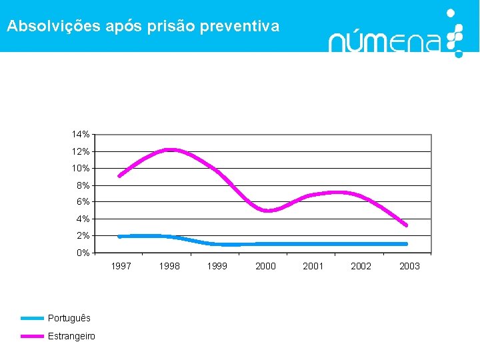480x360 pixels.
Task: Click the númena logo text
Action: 385,42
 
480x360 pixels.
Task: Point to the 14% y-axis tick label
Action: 81,135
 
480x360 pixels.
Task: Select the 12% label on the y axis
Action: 81,151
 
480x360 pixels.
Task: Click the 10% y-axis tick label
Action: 81,168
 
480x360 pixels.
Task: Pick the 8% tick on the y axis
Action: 83,185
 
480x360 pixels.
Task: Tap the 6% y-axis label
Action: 83,202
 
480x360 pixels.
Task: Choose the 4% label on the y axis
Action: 83,219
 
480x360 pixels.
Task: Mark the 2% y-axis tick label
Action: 83,236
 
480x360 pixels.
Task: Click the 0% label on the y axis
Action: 83,253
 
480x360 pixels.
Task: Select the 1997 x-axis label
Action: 121,266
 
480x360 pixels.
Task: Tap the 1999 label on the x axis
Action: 217,266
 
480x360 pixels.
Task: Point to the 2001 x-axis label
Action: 313,266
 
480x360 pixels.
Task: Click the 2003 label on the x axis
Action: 409,266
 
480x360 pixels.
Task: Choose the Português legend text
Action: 69,319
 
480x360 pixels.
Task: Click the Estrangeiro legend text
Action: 71,336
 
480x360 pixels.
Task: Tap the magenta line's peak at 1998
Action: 169,149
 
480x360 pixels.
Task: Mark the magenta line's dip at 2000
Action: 267,211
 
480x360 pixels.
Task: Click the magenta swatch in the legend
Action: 31,336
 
